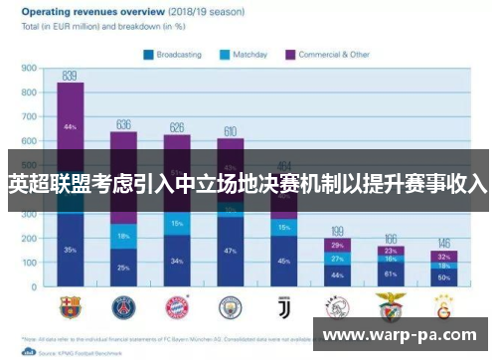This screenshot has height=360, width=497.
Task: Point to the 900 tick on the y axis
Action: pyautogui.click(x=30, y=69)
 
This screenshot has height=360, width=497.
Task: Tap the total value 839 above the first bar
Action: pyautogui.click(x=70, y=76)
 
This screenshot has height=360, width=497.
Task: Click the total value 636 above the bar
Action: pyautogui.click(x=123, y=124)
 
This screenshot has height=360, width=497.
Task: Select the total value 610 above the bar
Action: pyautogui.click(x=230, y=130)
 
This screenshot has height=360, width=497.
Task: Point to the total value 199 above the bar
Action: pyautogui.click(x=337, y=230)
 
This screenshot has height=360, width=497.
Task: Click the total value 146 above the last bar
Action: pyautogui.click(x=444, y=243)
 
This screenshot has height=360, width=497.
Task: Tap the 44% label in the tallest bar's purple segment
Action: pyautogui.click(x=70, y=127)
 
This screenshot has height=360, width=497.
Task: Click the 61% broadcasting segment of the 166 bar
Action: pyautogui.click(x=391, y=273)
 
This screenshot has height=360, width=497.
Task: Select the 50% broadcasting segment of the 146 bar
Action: pyautogui.click(x=444, y=278)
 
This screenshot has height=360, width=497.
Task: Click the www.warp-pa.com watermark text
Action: pyautogui.click(x=402, y=335)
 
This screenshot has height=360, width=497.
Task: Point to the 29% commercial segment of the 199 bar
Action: pyautogui.click(x=337, y=245)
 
